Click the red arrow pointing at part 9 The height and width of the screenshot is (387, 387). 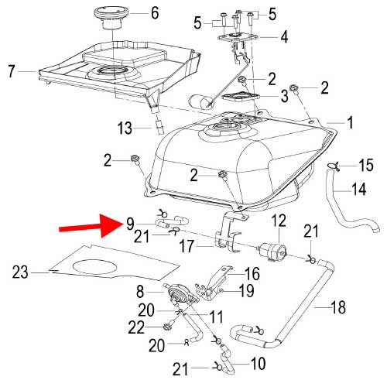91,226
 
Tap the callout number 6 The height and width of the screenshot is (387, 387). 155,13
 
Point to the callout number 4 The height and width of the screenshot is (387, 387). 284,37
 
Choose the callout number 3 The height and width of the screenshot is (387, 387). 284,96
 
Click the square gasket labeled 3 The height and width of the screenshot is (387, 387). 241,97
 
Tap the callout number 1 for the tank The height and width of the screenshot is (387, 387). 350,123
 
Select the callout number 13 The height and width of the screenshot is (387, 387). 125,128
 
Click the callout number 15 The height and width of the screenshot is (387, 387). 365,165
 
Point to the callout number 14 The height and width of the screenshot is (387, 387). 358,189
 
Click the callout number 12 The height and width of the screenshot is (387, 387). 279,221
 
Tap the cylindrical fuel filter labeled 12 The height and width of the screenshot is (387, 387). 273,252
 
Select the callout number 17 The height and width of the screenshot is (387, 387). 187,246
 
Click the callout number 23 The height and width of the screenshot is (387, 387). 20,272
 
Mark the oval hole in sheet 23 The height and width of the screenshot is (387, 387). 94,267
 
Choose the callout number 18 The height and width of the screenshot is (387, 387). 337,307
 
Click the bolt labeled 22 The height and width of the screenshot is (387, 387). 167,327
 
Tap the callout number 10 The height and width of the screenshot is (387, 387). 259,364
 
